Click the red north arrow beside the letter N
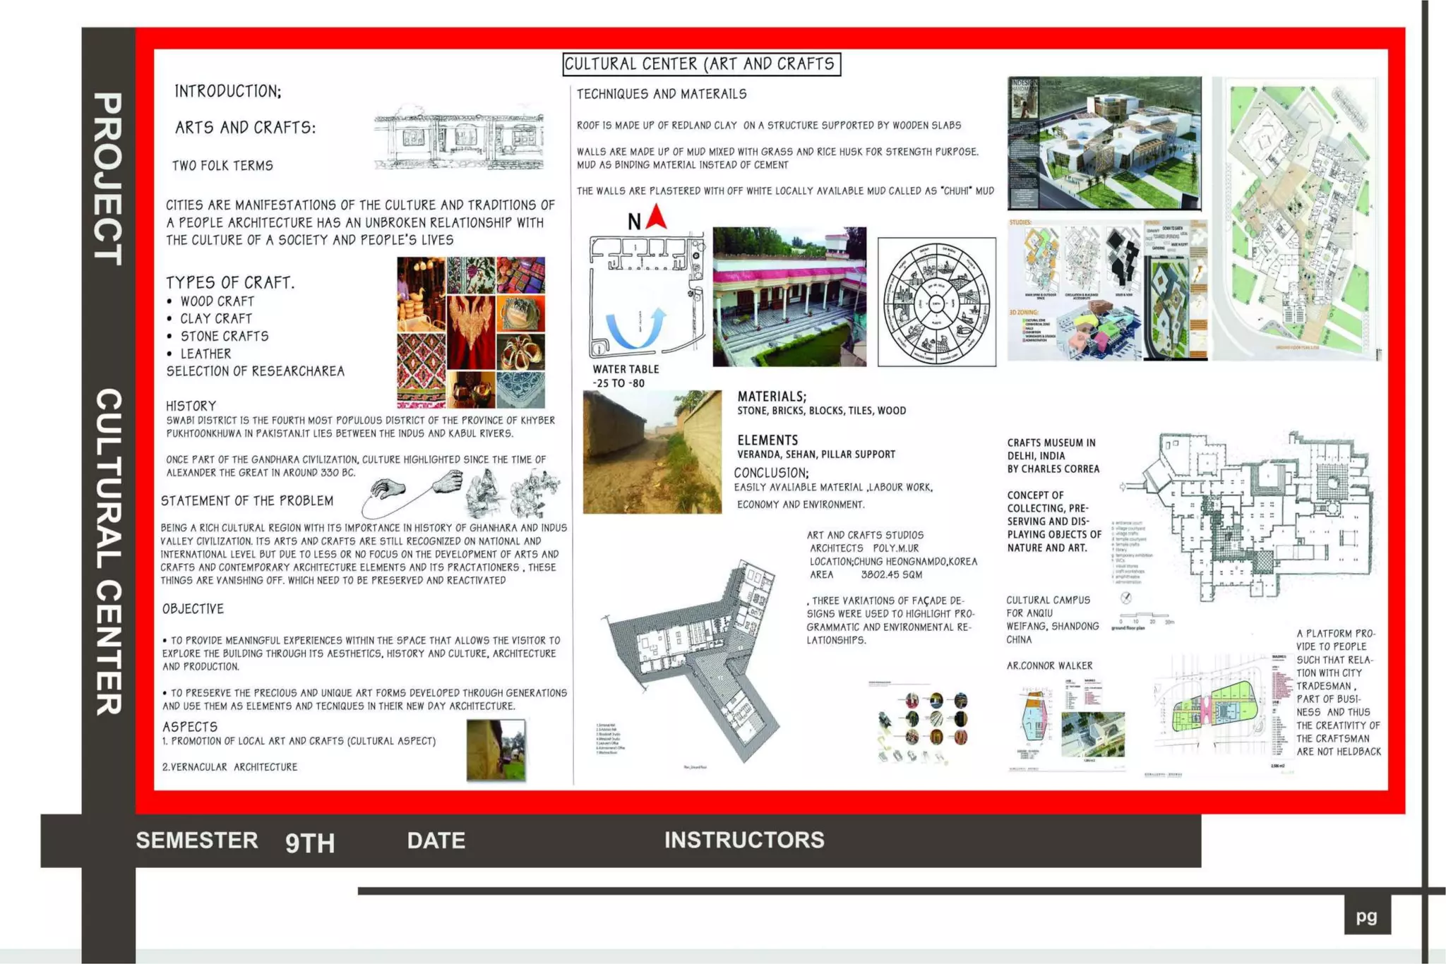[x=657, y=216]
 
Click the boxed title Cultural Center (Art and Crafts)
[x=701, y=64]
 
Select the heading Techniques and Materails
[x=662, y=94]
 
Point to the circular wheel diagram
[x=936, y=302]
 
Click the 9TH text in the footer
[x=310, y=843]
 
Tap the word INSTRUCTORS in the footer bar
[x=744, y=840]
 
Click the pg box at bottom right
[x=1367, y=916]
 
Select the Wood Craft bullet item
[x=217, y=301]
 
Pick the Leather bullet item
[x=205, y=354]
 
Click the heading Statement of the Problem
[x=247, y=501]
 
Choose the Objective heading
[x=193, y=609]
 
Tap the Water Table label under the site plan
[x=626, y=369]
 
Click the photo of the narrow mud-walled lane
[x=652, y=452]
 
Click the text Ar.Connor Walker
[x=1049, y=665]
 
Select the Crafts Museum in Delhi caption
[x=1053, y=456]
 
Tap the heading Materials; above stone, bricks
[x=772, y=397]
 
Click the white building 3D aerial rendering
[x=1104, y=143]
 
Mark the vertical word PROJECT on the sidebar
[x=108, y=179]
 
